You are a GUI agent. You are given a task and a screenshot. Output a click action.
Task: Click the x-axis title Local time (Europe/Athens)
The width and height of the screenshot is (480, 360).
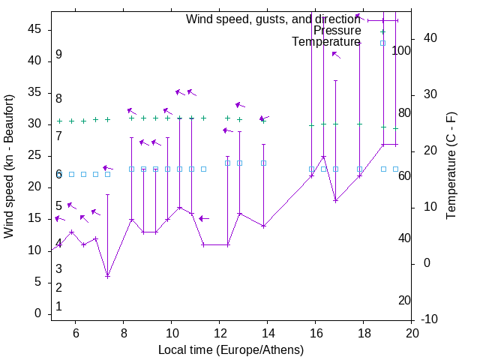231,350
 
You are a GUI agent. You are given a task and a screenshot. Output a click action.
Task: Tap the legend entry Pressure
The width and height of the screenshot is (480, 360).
337,31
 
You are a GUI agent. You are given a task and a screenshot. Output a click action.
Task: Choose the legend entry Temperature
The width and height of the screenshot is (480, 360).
325,42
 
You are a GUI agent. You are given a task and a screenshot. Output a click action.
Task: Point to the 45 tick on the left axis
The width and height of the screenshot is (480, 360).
34,29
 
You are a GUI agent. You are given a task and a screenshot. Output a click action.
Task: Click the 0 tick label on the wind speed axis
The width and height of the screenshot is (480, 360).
38,313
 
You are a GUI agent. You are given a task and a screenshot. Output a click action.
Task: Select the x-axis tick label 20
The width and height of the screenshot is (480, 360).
411,333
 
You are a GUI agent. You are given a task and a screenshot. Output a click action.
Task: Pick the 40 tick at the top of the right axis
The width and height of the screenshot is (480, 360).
430,38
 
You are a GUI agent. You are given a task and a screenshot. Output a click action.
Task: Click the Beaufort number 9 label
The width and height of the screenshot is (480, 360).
58,55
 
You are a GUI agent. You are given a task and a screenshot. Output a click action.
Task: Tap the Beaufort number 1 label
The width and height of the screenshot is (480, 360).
58,307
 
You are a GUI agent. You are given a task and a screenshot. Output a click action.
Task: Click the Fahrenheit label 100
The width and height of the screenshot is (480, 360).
401,51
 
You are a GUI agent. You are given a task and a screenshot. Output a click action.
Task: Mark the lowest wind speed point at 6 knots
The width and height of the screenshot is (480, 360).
107,276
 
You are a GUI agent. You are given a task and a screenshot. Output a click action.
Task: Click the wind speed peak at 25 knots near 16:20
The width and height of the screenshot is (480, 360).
323,157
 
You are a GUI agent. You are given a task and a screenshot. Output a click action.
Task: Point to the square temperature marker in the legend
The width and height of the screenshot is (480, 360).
382,43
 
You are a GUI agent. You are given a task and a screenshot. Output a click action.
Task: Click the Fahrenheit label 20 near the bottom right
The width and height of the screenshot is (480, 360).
404,301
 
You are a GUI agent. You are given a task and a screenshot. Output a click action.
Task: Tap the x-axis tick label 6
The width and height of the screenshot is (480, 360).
75,333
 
